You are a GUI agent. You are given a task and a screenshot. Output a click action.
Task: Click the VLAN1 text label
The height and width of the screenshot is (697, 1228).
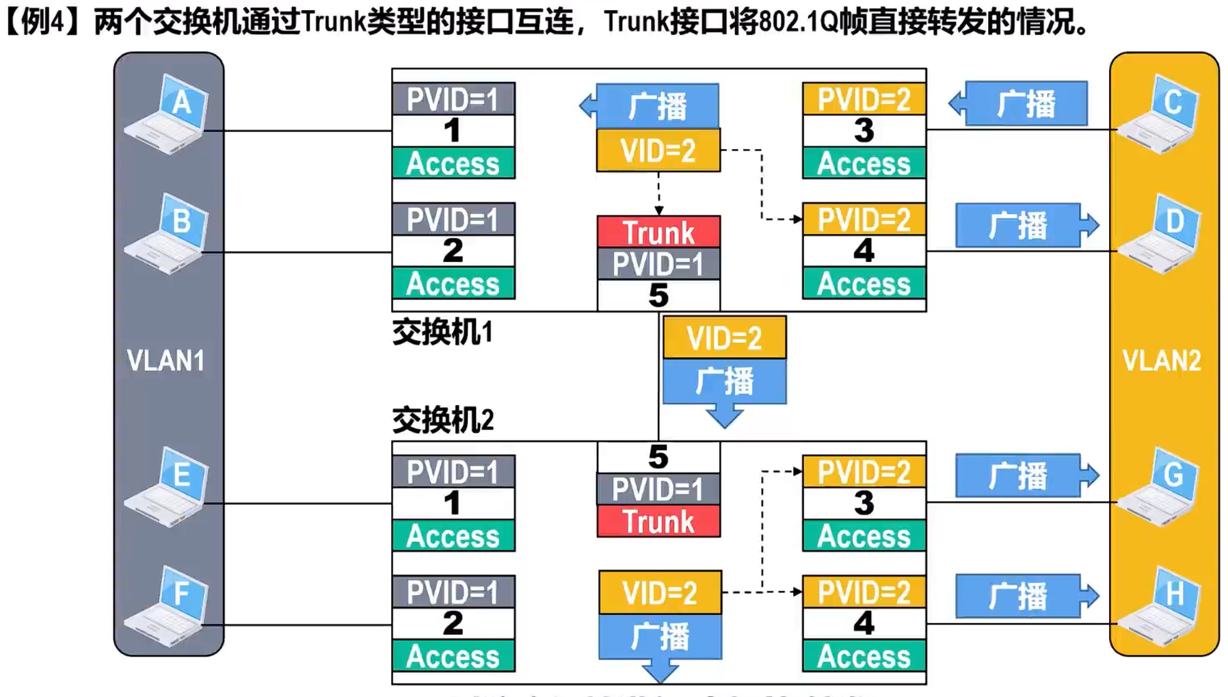(166, 360)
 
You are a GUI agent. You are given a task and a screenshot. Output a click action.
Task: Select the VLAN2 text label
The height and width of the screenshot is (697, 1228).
(1162, 360)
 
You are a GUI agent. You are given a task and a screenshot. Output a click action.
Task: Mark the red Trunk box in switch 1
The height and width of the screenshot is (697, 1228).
(658, 233)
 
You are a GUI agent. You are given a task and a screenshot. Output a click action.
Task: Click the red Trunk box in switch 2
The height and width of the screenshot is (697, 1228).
(658, 522)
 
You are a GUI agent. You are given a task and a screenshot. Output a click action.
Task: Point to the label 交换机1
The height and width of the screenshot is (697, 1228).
(442, 332)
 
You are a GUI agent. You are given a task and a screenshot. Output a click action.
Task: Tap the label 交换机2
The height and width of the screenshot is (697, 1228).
(442, 419)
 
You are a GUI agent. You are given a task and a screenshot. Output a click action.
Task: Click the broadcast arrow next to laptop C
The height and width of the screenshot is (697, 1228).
(1019, 104)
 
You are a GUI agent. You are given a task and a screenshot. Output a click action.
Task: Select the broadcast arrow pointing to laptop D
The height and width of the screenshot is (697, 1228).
(1026, 225)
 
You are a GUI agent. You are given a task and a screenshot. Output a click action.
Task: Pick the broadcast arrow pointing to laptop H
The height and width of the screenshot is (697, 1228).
(1026, 596)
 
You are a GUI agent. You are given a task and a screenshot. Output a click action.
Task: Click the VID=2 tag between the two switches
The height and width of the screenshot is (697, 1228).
(724, 338)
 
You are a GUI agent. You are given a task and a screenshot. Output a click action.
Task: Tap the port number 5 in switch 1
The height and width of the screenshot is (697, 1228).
(658, 295)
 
